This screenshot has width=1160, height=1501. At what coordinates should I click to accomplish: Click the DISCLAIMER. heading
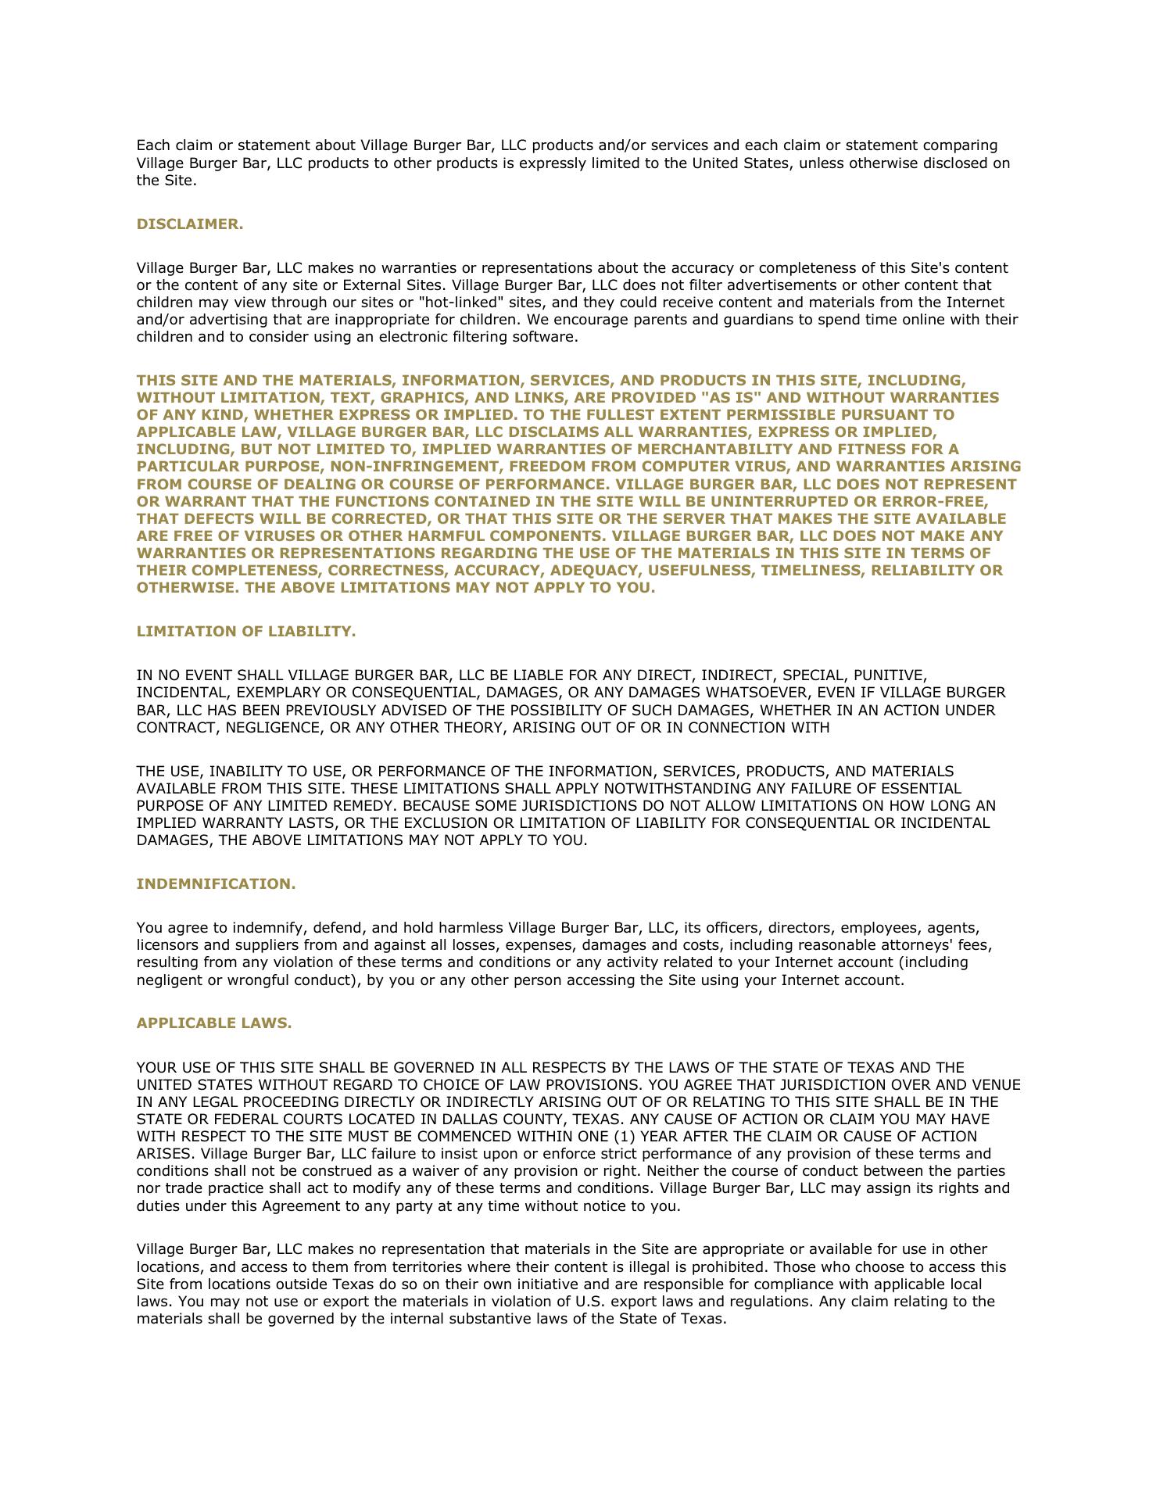pyautogui.click(x=190, y=224)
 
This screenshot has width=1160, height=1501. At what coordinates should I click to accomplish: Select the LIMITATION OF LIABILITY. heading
pyautogui.click(x=246, y=632)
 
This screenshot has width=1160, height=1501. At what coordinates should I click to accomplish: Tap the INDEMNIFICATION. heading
pyautogui.click(x=216, y=884)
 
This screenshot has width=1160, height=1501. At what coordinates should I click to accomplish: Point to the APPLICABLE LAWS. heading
pyautogui.click(x=214, y=1023)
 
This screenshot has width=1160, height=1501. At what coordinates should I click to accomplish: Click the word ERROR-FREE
pyautogui.click(x=946, y=502)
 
